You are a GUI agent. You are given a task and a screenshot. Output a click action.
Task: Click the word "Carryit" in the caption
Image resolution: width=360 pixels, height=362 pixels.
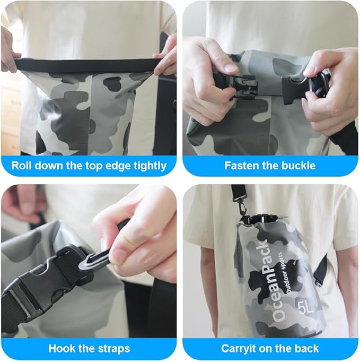click(237, 349)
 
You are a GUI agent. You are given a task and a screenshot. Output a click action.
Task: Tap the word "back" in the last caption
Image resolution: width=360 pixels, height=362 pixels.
click(308, 348)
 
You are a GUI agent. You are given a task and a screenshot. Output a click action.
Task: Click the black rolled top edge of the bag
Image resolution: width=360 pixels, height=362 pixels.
click(87, 65)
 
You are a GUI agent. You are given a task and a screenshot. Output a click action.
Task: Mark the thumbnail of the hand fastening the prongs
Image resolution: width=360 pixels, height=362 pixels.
click(230, 67)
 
